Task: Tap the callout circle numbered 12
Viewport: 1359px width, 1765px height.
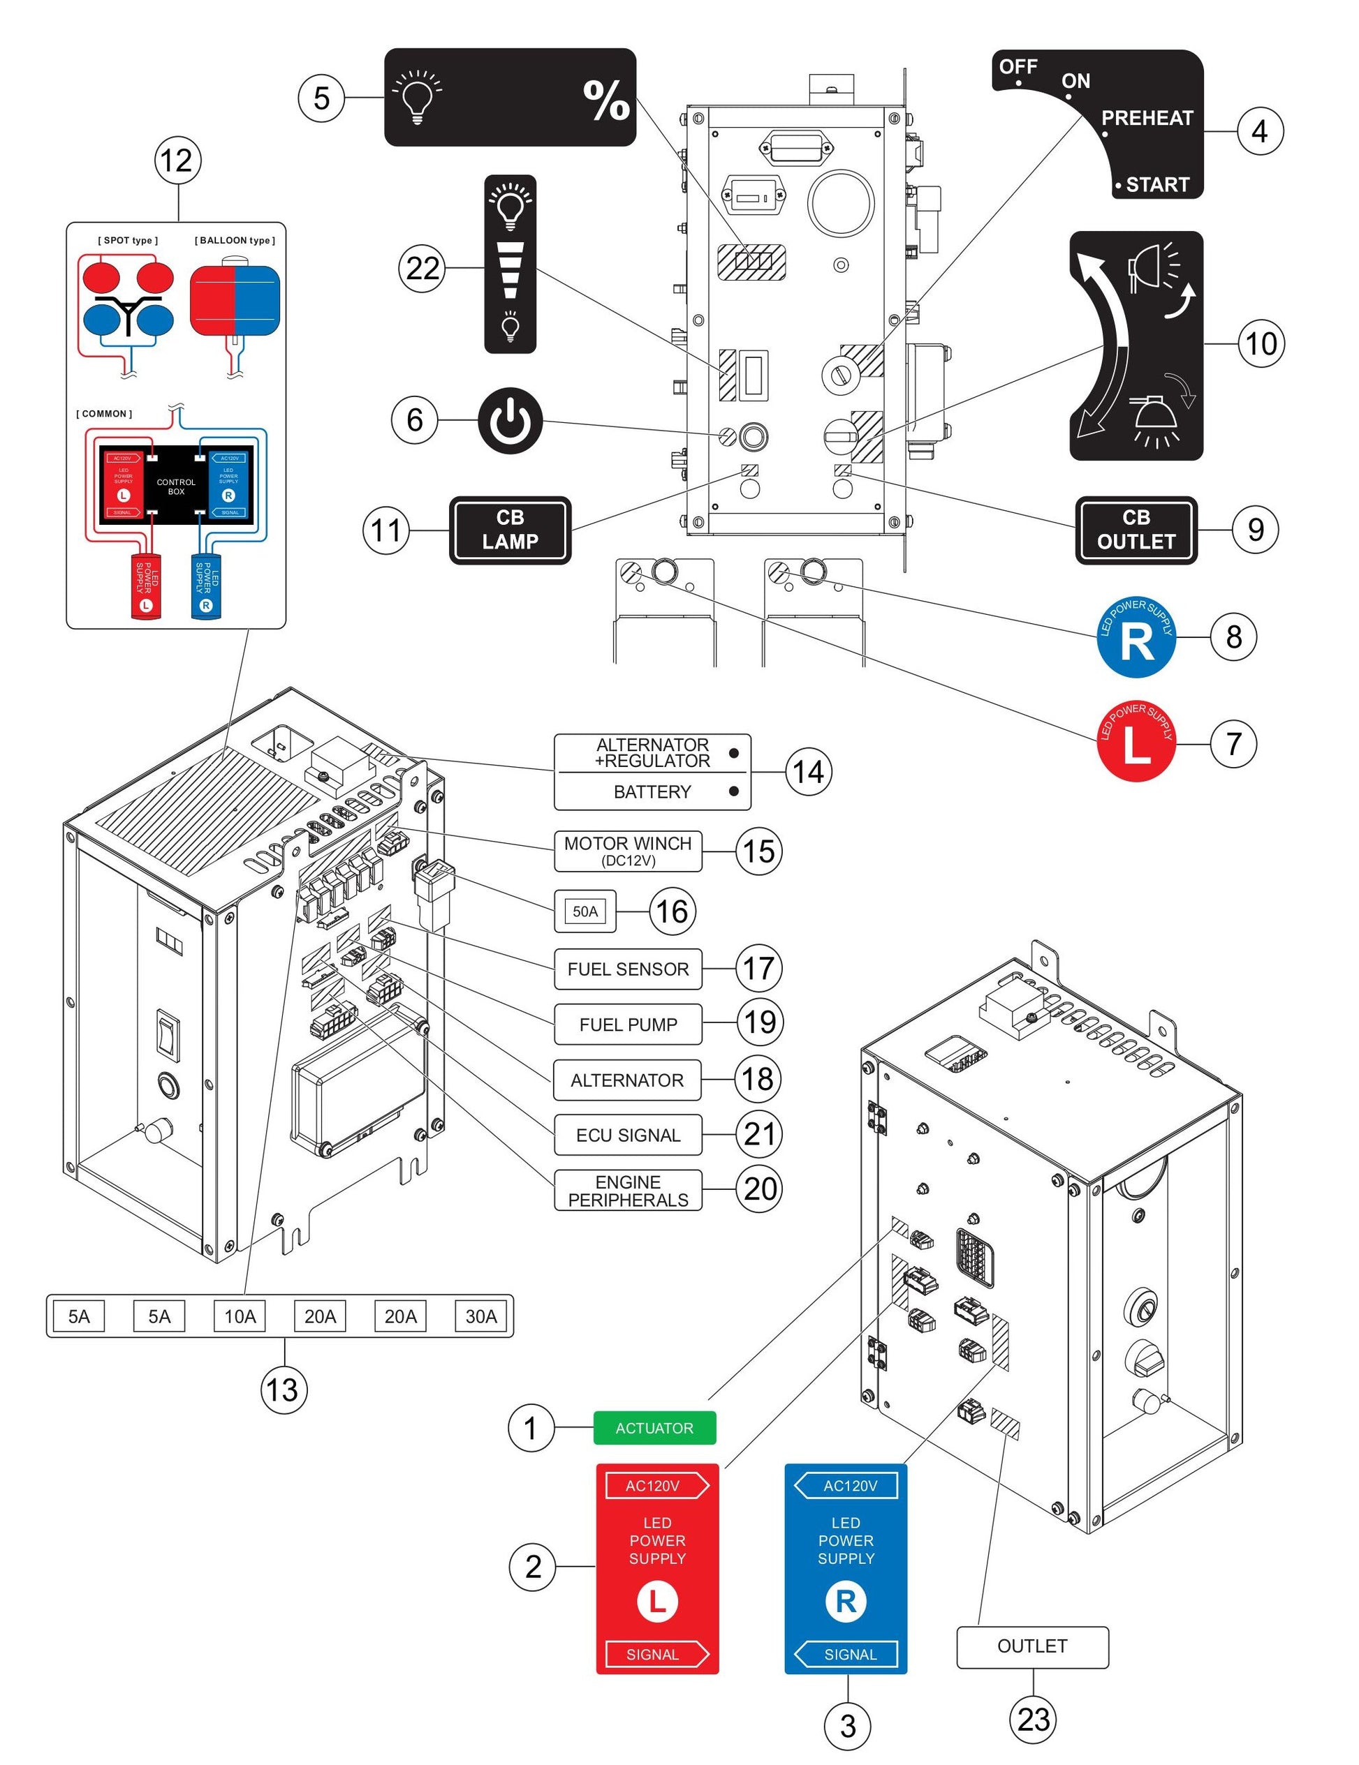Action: coord(177,160)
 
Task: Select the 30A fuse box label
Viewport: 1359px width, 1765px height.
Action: coord(480,1316)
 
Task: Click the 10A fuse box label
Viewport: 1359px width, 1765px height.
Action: coord(240,1316)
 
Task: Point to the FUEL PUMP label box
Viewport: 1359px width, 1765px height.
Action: coord(627,1024)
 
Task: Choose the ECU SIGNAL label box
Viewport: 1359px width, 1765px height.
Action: coord(627,1135)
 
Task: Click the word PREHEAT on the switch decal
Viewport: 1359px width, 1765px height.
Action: coord(1147,118)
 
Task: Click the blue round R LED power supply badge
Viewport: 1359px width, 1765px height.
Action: coord(1136,636)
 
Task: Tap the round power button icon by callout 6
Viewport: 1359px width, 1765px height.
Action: coord(509,420)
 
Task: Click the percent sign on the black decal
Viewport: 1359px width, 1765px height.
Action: coord(605,100)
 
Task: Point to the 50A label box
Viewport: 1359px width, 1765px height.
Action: coord(585,911)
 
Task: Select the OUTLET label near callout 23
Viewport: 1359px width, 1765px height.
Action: coord(1031,1646)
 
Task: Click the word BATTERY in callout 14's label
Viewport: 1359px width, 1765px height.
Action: coord(652,791)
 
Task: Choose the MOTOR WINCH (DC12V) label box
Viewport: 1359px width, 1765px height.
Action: coord(627,850)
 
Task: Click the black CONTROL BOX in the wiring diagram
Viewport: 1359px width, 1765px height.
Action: coord(175,486)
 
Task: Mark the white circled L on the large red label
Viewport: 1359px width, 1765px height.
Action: coord(656,1601)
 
